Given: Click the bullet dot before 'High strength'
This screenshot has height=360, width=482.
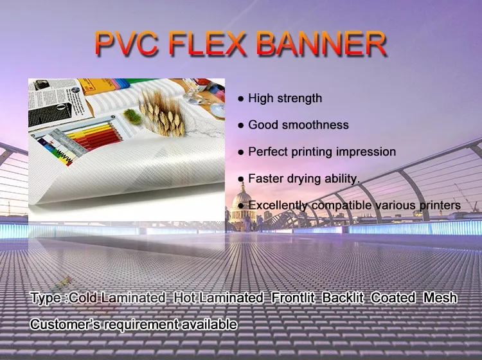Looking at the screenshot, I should pyautogui.click(x=240, y=99).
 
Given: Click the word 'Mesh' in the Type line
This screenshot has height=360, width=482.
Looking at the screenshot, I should pyautogui.click(x=441, y=298).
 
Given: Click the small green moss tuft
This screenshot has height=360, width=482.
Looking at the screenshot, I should pyautogui.click(x=131, y=116).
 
